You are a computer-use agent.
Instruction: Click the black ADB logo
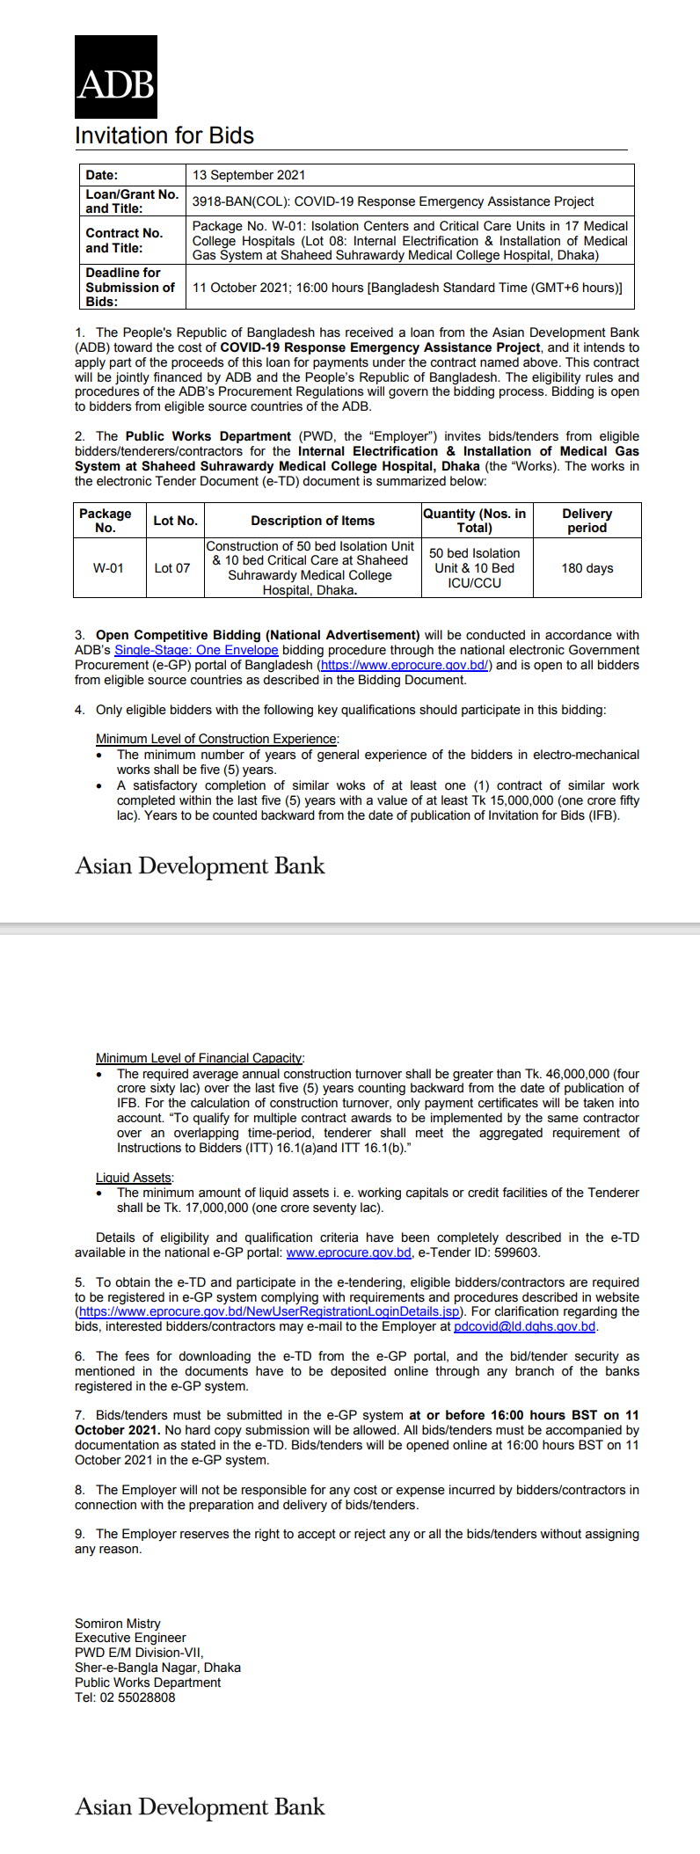click(x=115, y=77)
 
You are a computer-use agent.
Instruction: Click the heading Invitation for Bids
click(x=164, y=135)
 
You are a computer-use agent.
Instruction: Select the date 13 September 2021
click(x=249, y=175)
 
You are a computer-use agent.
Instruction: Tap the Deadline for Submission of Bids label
click(x=130, y=287)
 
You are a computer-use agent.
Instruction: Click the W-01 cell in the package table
click(x=108, y=568)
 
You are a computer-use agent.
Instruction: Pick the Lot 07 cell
click(x=171, y=568)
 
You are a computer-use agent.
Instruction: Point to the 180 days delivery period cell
click(x=587, y=568)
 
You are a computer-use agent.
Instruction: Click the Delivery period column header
click(x=587, y=521)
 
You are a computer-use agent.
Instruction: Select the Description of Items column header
click(x=312, y=521)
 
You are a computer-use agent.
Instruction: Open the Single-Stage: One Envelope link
click(x=196, y=650)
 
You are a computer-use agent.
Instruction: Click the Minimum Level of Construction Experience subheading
click(x=216, y=739)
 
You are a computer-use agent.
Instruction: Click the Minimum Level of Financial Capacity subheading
click(x=200, y=1057)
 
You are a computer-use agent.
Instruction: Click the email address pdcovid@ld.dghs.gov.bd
click(x=524, y=1326)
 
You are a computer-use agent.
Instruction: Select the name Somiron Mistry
click(x=118, y=1624)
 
